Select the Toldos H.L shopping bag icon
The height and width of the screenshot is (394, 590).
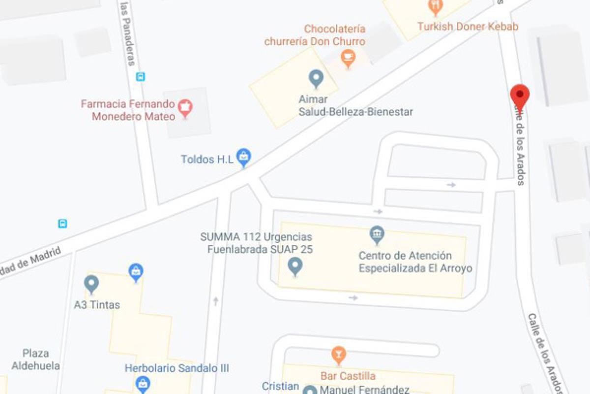tap(243, 157)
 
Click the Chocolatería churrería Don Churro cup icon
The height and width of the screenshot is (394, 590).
tap(348, 58)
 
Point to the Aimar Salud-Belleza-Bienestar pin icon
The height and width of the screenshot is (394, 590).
tap(316, 78)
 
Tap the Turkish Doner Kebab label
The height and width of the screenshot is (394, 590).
tap(468, 27)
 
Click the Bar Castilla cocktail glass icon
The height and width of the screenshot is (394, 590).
tap(338, 354)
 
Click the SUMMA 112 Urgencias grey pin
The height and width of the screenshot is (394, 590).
tap(295, 266)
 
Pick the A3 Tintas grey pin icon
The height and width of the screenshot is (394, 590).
tap(91, 284)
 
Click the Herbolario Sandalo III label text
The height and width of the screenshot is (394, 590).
tap(177, 368)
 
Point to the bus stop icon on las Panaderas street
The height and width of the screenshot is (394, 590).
tap(141, 76)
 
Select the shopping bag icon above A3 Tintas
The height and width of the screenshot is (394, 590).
tap(136, 271)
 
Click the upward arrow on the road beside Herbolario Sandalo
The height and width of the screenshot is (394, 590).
tap(215, 301)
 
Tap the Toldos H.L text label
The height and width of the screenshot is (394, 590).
tap(206, 159)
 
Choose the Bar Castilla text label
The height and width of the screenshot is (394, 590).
tap(348, 376)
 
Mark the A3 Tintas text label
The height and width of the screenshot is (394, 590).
tap(97, 305)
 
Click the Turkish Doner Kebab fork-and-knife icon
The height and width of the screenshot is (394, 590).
tap(436, 6)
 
